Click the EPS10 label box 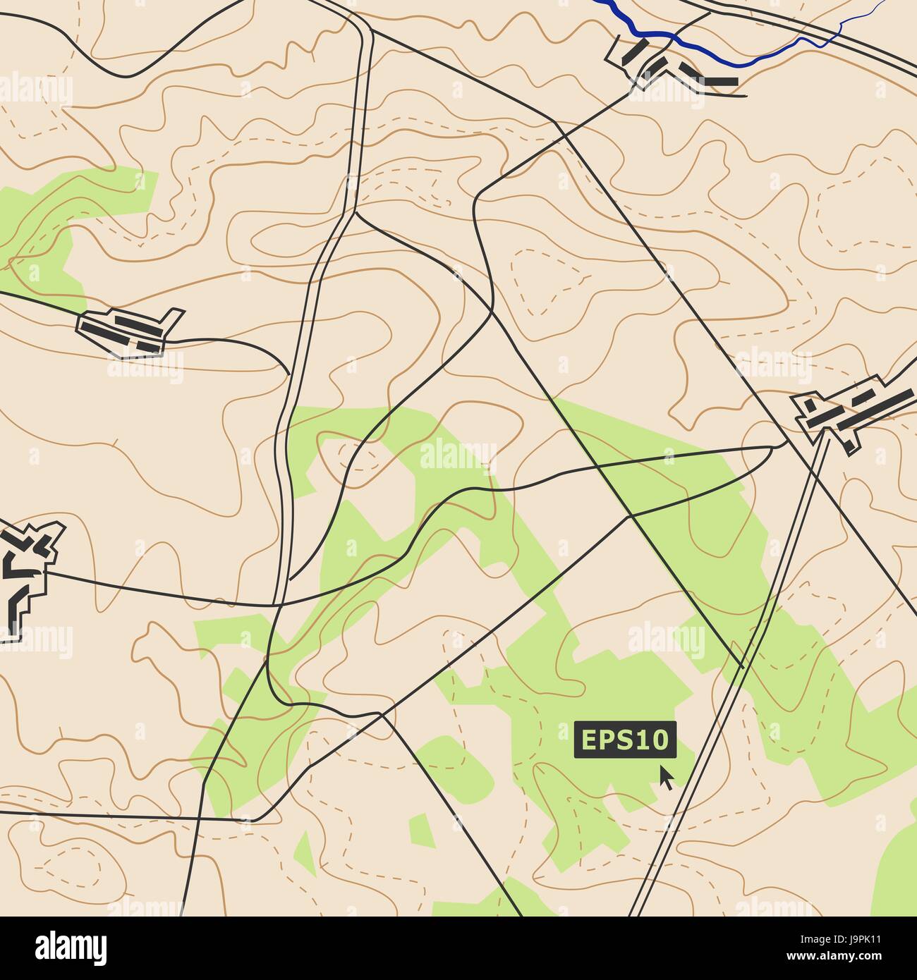[625, 740]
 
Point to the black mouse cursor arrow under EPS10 [665, 777]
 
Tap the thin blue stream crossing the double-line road [839, 30]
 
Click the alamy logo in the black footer [71, 945]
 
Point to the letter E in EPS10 [588, 740]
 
